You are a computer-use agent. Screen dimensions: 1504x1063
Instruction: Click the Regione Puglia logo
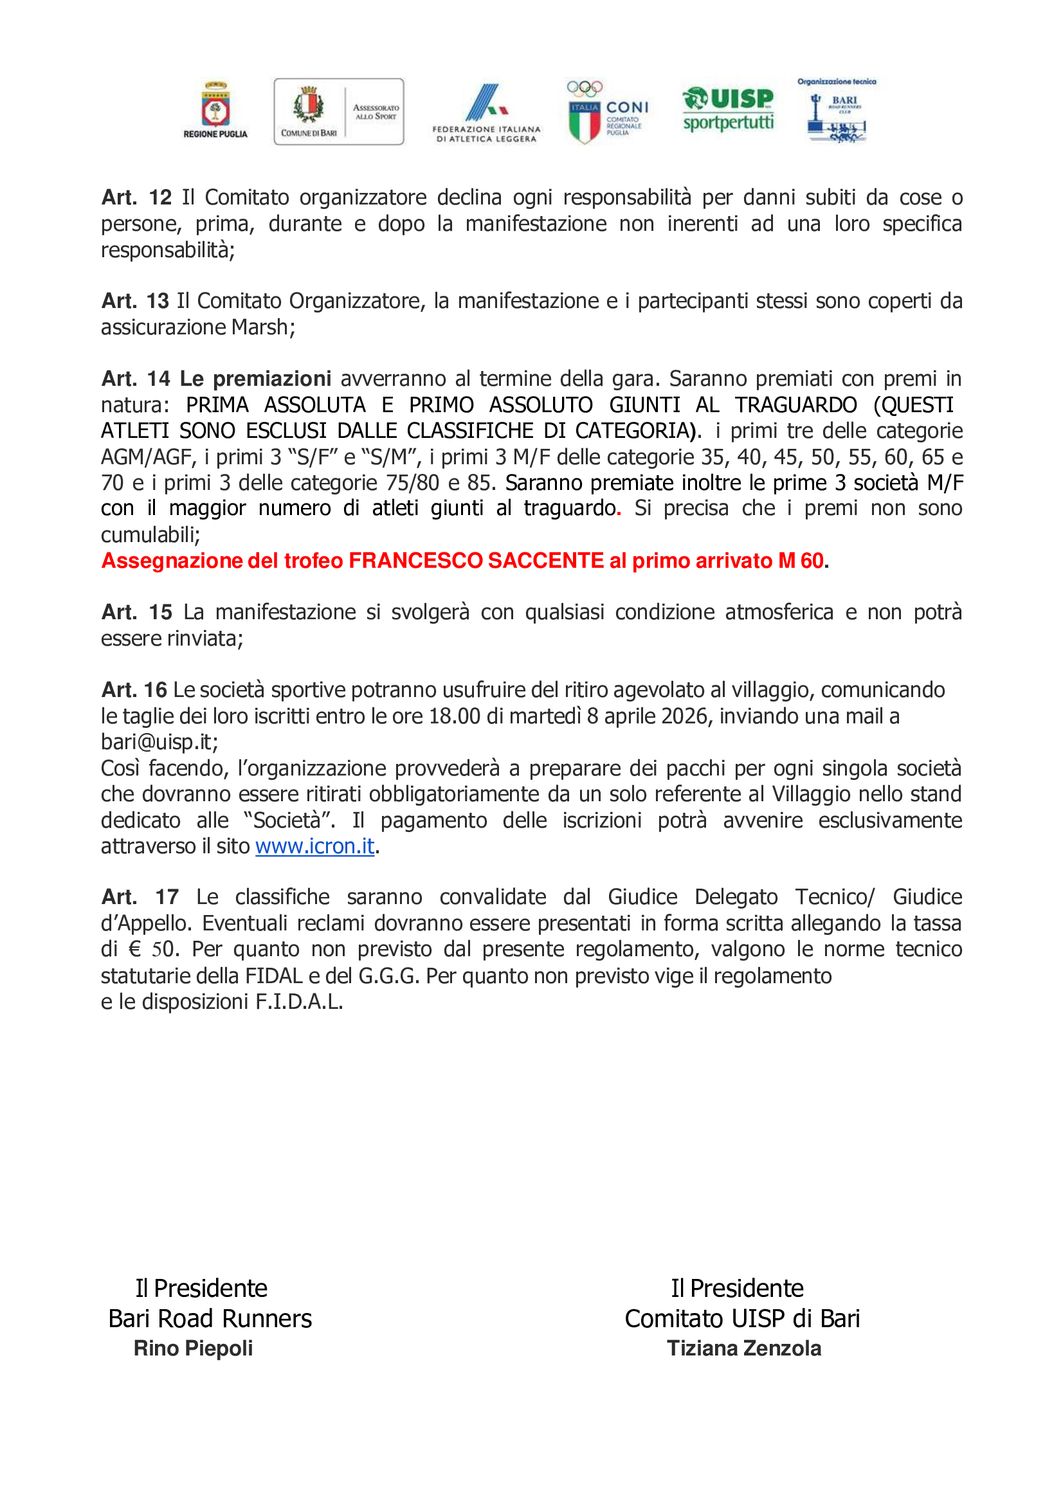(x=215, y=110)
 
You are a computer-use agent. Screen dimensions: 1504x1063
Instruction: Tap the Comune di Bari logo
(x=338, y=111)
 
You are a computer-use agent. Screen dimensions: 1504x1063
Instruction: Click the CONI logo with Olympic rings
(x=606, y=112)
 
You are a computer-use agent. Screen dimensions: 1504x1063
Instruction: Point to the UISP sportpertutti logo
(x=728, y=109)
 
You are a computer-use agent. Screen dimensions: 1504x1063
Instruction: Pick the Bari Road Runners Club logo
(x=837, y=111)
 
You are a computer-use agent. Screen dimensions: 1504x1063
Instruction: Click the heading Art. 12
(x=136, y=197)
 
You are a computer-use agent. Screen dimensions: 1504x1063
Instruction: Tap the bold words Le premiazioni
(x=255, y=379)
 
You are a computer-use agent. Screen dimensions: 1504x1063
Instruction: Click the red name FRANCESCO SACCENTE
(x=476, y=561)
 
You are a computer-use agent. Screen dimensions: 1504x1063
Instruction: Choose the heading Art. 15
(x=136, y=612)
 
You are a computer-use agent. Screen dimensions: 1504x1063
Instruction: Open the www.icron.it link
(x=314, y=846)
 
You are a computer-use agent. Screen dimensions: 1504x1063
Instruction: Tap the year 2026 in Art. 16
(x=685, y=716)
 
